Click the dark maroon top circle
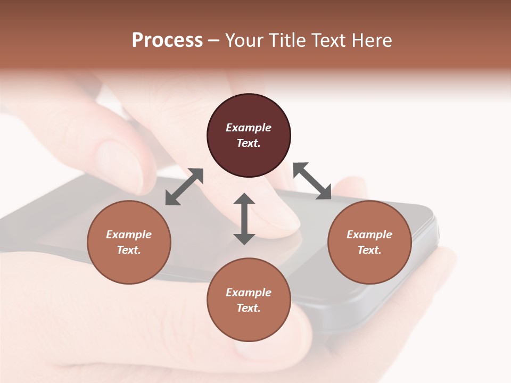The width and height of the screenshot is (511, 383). click(x=249, y=136)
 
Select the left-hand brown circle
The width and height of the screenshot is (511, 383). click(x=129, y=242)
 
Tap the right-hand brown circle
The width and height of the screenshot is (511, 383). click(x=369, y=242)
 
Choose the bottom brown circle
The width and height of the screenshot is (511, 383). click(x=249, y=300)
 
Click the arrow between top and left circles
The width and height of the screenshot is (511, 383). click(x=184, y=187)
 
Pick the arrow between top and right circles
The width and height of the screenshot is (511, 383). click(x=312, y=181)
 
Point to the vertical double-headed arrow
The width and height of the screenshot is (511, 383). click(x=244, y=219)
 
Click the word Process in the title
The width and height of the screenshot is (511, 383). click(x=167, y=40)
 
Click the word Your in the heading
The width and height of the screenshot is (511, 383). click(x=245, y=40)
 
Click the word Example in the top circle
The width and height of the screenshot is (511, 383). click(x=249, y=128)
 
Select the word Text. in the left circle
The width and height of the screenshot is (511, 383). click(x=129, y=250)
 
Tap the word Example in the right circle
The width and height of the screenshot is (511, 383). click(x=369, y=235)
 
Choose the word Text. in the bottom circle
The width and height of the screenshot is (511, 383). click(x=249, y=308)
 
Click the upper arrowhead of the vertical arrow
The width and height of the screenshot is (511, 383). click(x=244, y=200)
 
